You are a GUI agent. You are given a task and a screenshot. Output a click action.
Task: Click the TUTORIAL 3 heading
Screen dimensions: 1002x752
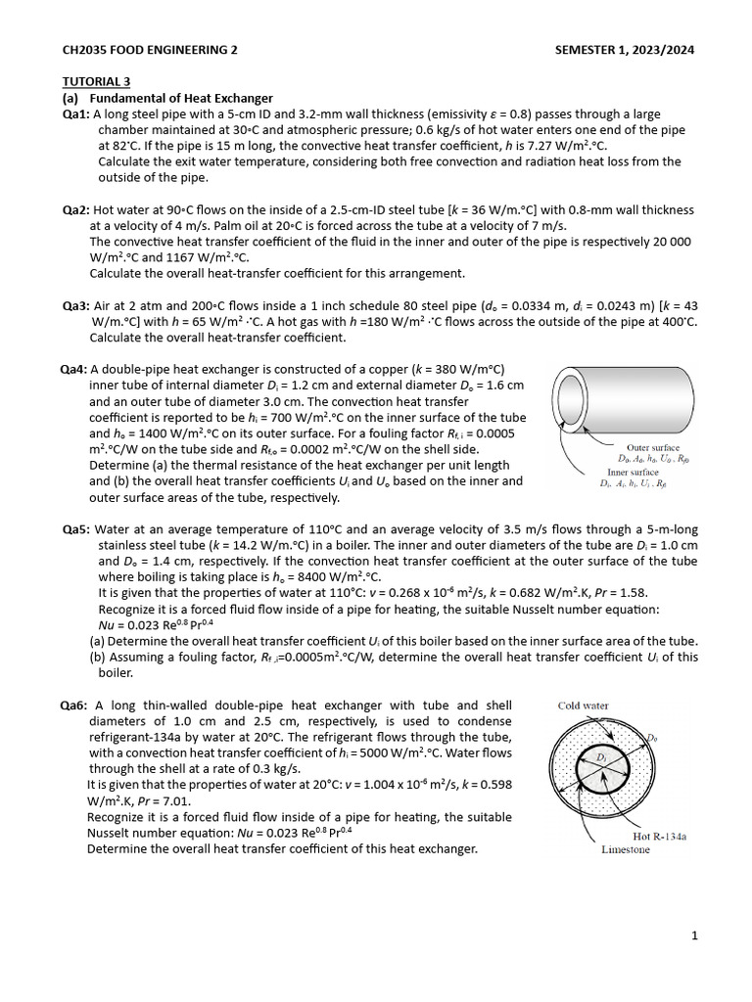(x=96, y=81)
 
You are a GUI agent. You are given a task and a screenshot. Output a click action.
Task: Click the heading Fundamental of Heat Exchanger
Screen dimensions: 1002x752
(x=181, y=98)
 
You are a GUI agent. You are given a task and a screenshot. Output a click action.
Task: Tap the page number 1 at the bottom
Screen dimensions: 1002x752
(x=694, y=936)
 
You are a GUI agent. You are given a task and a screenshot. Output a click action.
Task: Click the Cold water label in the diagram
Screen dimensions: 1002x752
(x=583, y=706)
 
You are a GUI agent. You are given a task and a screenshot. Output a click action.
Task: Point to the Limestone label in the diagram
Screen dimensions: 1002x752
(x=625, y=849)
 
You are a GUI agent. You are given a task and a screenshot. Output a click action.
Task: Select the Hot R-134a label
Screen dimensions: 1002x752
(x=659, y=837)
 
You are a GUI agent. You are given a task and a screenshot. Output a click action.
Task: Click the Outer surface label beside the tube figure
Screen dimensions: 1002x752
(x=652, y=447)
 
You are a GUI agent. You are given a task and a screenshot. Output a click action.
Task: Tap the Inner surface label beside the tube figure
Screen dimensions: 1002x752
(x=633, y=472)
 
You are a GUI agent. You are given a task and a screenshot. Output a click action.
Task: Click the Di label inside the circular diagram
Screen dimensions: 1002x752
(x=603, y=758)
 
